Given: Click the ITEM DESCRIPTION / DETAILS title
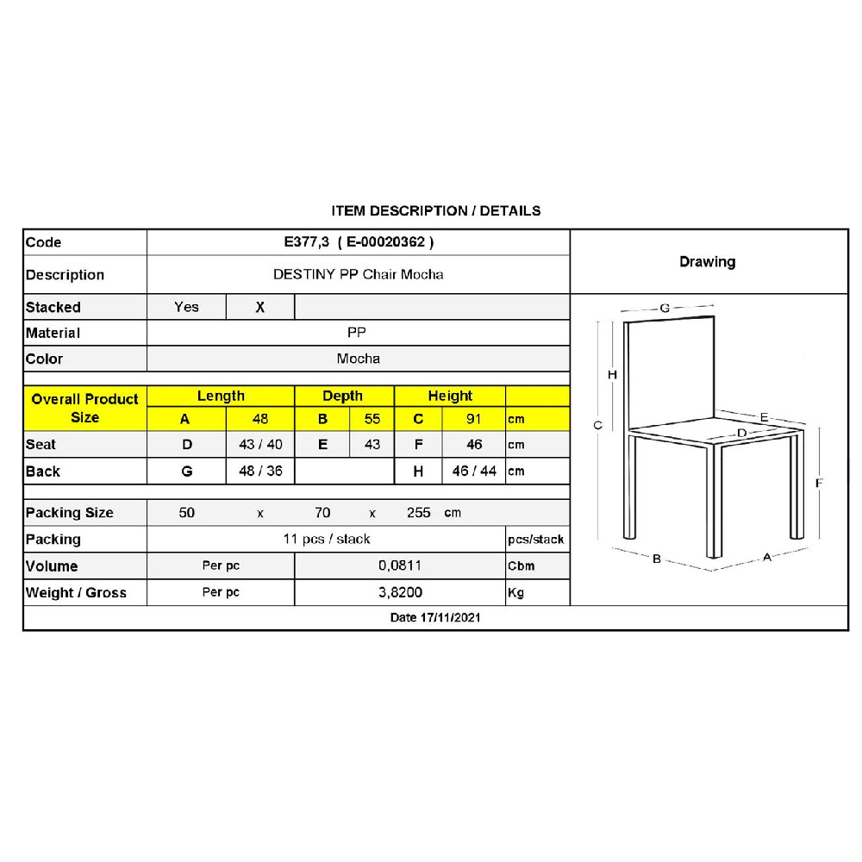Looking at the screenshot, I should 436,210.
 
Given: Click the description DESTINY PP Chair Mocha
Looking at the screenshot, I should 359,275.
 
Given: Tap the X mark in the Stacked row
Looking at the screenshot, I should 260,307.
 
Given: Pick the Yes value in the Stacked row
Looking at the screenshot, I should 186,307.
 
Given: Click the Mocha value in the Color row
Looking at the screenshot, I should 359,359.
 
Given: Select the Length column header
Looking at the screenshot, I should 221,397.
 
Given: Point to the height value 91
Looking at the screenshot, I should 473,420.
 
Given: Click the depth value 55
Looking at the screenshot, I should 372,420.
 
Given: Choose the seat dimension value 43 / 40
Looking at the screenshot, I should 259,445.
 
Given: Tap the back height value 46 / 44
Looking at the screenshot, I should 473,472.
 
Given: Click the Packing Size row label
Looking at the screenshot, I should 70,513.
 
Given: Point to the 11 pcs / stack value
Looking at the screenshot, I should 327,540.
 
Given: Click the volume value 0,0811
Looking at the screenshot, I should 401,566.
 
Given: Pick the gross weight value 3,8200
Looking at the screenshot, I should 401,593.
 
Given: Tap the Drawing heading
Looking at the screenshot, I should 707,262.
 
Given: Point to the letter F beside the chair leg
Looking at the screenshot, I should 819,484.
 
